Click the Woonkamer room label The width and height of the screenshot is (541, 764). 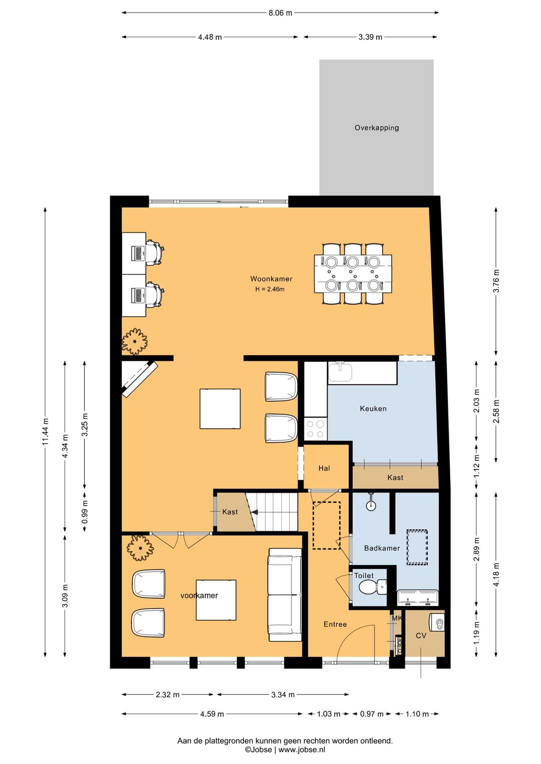click(271, 279)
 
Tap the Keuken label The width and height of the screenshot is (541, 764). click(373, 408)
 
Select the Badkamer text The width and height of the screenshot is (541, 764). click(382, 548)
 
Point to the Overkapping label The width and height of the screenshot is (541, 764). click(377, 128)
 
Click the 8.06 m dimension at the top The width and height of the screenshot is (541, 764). click(280, 13)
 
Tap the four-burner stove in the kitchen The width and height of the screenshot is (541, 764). click(316, 429)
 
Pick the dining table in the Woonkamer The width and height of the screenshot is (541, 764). click(353, 273)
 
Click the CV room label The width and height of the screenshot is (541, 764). click(421, 636)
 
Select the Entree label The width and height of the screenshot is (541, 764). click(335, 624)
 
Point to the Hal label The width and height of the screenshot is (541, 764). click(324, 468)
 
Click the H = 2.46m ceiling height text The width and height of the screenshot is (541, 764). click(269, 289)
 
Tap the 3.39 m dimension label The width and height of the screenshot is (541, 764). click(370, 37)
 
